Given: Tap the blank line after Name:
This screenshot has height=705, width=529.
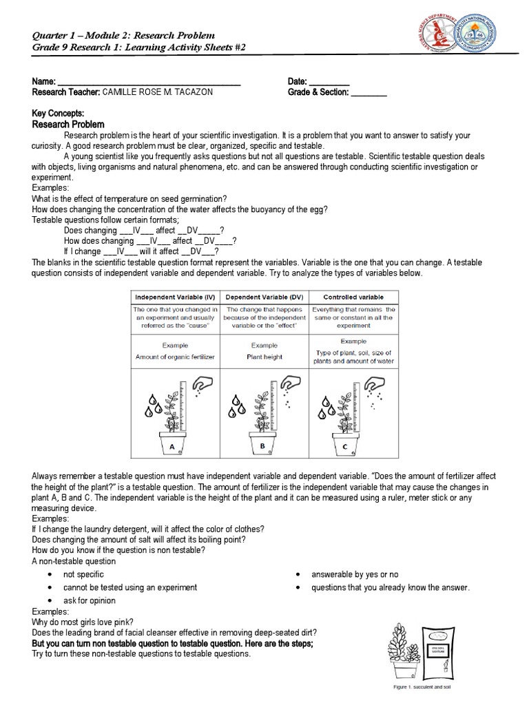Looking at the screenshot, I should coord(149,83).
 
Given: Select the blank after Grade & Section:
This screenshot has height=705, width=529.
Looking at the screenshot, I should coord(369,93).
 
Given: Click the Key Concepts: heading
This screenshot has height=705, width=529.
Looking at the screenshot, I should coord(59,113).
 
